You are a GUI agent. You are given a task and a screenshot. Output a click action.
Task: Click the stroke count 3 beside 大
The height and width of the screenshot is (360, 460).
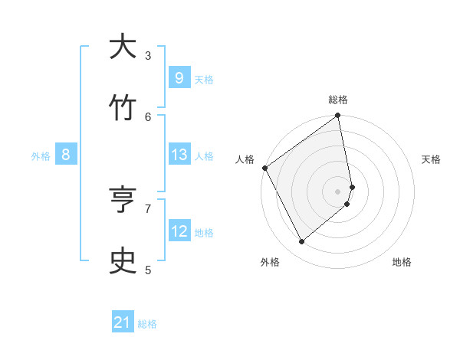pyautogui.click(x=148, y=55)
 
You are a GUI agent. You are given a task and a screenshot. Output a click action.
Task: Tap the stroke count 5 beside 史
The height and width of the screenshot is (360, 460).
pyautogui.click(x=148, y=269)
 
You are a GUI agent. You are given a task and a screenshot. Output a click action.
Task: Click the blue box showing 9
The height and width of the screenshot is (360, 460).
pyautogui.click(x=179, y=77)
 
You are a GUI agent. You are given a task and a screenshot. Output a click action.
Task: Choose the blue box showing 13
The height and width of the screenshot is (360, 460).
pyautogui.click(x=179, y=155)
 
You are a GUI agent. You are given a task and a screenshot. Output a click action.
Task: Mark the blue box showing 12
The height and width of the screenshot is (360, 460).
pyautogui.click(x=179, y=231)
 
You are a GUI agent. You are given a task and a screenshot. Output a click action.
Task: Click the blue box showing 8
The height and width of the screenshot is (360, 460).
pyautogui.click(x=66, y=155)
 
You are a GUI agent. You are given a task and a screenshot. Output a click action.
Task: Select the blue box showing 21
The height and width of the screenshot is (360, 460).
pyautogui.click(x=123, y=323)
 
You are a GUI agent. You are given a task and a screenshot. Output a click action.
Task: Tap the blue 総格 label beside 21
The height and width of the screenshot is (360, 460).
pyautogui.click(x=147, y=324)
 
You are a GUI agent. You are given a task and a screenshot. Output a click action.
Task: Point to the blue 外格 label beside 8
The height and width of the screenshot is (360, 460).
pyautogui.click(x=41, y=156)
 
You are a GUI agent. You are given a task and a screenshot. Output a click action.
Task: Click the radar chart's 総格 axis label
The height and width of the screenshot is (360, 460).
pyautogui.click(x=338, y=100)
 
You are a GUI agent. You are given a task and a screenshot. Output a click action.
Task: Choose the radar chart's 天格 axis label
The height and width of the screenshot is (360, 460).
pyautogui.click(x=431, y=159)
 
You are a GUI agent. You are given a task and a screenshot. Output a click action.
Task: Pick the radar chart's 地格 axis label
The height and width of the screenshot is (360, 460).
pyautogui.click(x=402, y=262)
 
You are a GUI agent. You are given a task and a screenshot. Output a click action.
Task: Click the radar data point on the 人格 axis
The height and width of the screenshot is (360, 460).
pyautogui.click(x=264, y=168)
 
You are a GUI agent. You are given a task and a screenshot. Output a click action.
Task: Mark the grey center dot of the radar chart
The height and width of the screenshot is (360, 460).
pyautogui.click(x=338, y=191)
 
